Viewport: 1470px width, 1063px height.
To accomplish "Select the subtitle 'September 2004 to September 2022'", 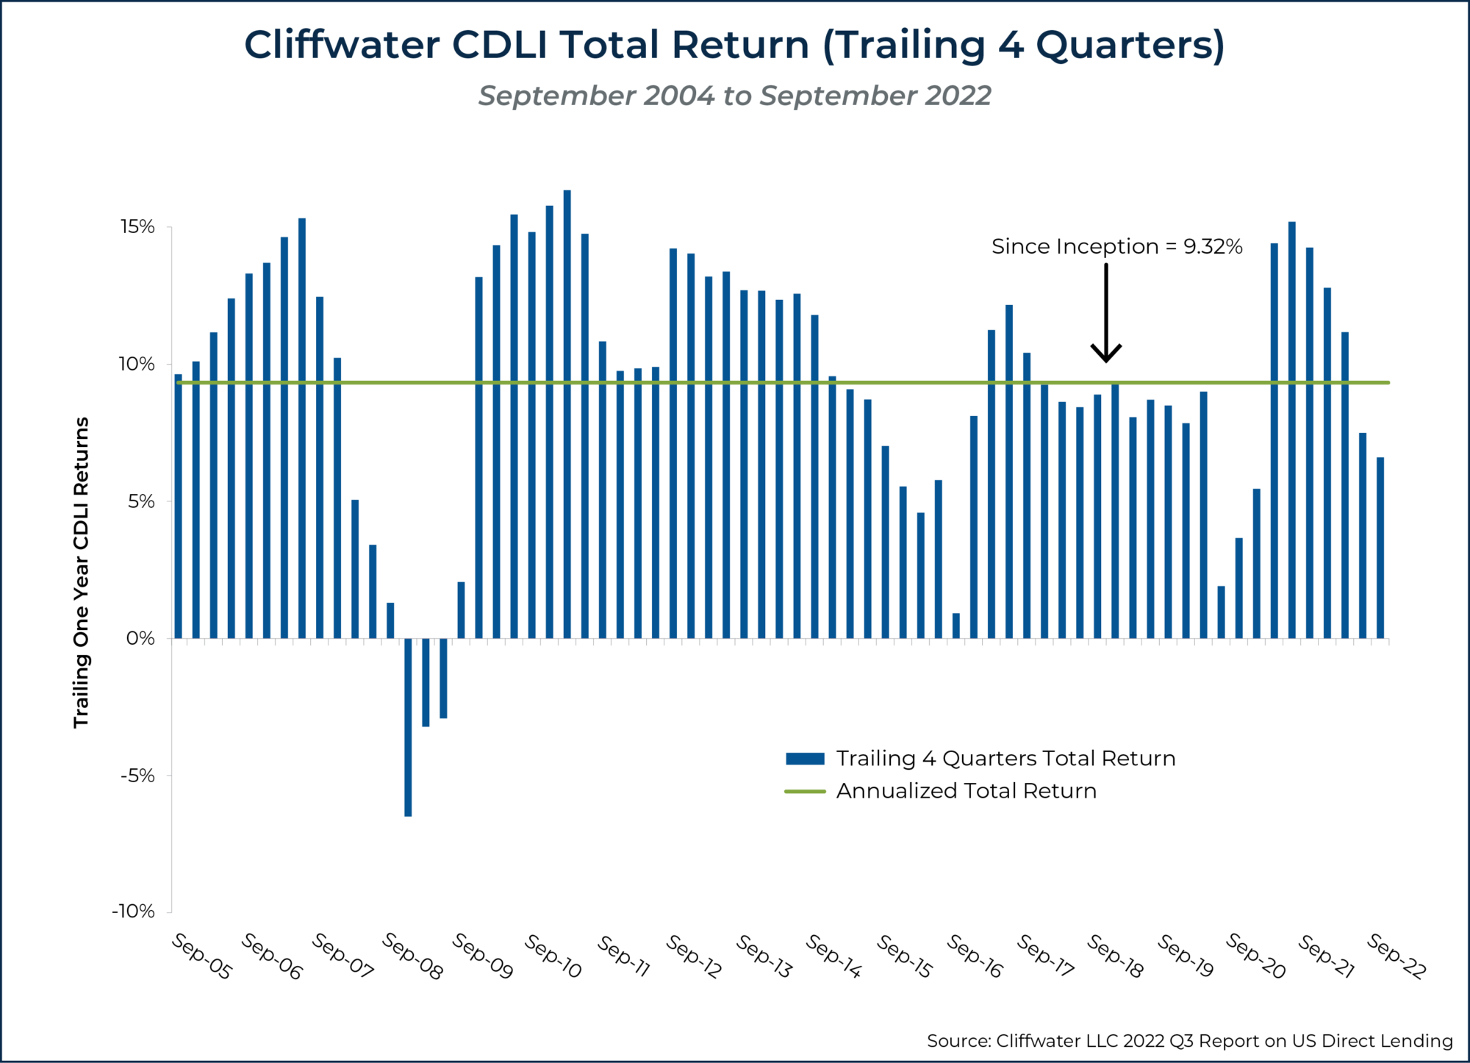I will [x=734, y=96].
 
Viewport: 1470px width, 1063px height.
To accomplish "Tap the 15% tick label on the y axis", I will [x=137, y=227].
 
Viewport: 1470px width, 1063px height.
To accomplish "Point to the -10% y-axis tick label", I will [x=133, y=912].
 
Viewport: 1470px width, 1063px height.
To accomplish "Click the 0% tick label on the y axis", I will [x=140, y=638].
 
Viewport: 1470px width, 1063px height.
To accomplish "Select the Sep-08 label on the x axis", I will [x=412, y=956].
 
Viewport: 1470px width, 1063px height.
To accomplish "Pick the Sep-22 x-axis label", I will [x=1396, y=956].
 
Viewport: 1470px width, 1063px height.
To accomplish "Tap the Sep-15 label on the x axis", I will [x=904, y=956].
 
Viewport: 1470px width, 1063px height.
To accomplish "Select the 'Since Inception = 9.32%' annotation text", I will [x=1116, y=247].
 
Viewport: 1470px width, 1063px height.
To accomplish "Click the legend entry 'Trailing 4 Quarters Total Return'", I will [x=1005, y=759].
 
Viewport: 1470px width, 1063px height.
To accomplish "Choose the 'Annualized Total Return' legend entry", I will [x=966, y=791].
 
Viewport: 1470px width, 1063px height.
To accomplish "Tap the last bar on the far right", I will [x=1380, y=548].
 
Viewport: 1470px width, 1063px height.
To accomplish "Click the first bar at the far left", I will [x=178, y=506].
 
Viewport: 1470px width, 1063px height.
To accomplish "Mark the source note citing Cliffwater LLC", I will [x=1189, y=1041].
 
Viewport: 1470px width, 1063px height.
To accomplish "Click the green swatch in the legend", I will [x=805, y=792].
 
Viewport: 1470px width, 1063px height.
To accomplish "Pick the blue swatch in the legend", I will [x=805, y=759].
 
